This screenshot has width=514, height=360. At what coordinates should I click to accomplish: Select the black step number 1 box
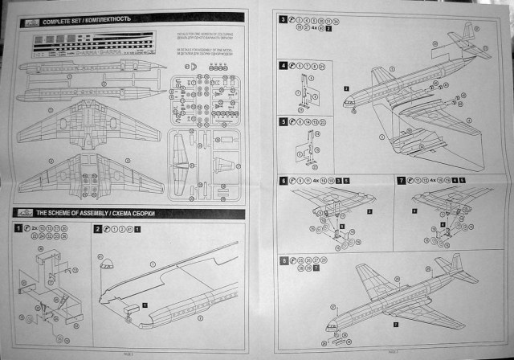[18, 228]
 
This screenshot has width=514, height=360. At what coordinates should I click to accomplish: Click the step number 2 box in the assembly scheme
[97, 229]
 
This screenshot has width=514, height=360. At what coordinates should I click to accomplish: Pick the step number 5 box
[283, 121]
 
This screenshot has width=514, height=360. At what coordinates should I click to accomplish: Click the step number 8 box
[283, 261]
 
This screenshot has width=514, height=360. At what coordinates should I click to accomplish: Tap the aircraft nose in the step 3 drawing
[349, 102]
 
